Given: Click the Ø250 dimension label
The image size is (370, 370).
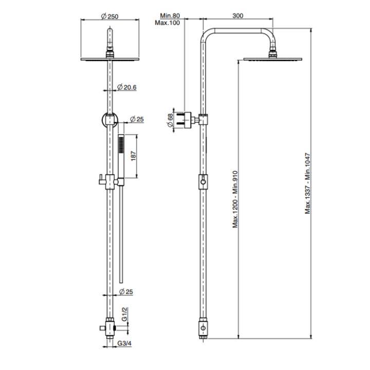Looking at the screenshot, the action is click(x=110, y=16).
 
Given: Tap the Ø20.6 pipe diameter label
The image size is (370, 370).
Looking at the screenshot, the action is click(x=127, y=87).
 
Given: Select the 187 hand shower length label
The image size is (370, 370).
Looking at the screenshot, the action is click(x=134, y=156).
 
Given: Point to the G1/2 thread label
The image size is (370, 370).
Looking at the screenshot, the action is click(x=124, y=314).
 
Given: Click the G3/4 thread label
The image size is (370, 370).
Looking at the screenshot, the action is click(x=124, y=343).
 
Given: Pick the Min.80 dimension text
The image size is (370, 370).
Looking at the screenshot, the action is click(x=170, y=15).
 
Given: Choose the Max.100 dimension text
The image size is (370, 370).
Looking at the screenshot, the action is click(x=168, y=23).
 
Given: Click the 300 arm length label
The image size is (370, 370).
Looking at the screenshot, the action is click(x=238, y=15).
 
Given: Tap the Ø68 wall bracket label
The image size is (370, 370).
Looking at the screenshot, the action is click(x=170, y=120).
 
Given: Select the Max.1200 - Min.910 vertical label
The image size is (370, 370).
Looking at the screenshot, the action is click(x=235, y=199).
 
